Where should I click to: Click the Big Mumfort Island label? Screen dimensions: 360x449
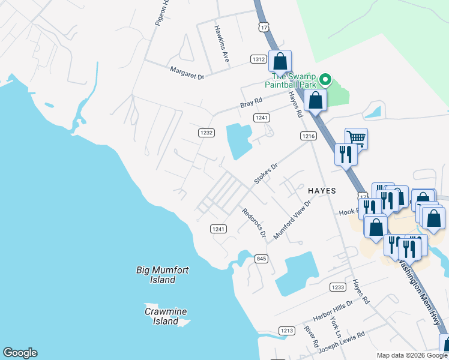[x=162, y=275]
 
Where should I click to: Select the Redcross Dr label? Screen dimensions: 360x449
[x=253, y=222]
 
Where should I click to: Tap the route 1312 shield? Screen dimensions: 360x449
[x=259, y=59]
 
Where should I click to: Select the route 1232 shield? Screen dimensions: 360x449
[x=206, y=132]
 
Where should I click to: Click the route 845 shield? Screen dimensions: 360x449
[x=261, y=259]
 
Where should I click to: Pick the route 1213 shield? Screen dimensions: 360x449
[x=287, y=331]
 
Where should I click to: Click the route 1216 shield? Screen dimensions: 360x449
[x=309, y=136]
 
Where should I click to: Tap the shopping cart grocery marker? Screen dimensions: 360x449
[x=356, y=139]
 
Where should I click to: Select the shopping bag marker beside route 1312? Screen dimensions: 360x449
[x=280, y=61]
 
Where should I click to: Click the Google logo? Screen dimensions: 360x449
[x=20, y=353]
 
